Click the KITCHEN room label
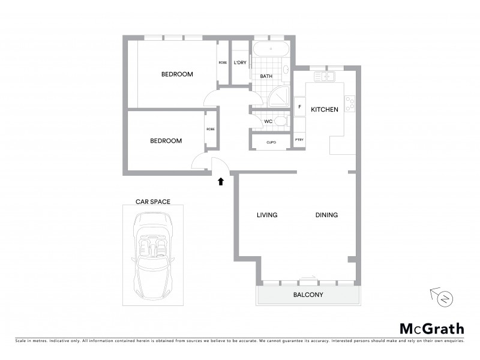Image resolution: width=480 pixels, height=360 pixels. coord(325,110)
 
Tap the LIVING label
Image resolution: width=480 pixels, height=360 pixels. coord(266,215)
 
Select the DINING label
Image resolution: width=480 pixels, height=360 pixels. coord(326,215)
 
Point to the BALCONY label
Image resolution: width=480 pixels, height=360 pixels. coord(308,295)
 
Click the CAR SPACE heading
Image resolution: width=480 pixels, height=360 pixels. coord(152,202)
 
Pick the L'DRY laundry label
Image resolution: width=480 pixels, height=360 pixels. coord(240,62)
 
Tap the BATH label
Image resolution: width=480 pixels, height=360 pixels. coord(266,77)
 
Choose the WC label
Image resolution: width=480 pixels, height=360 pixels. coord(268,122)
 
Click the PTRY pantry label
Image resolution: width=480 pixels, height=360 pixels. coord(299,140)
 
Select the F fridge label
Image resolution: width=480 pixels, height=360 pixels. coord(299,107)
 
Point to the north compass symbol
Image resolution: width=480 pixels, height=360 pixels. coord(445,297)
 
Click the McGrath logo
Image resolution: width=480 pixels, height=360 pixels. coord(431,328)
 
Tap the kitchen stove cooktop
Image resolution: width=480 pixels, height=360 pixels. coord(350,103)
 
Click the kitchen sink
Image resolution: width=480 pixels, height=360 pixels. coord(328,76)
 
